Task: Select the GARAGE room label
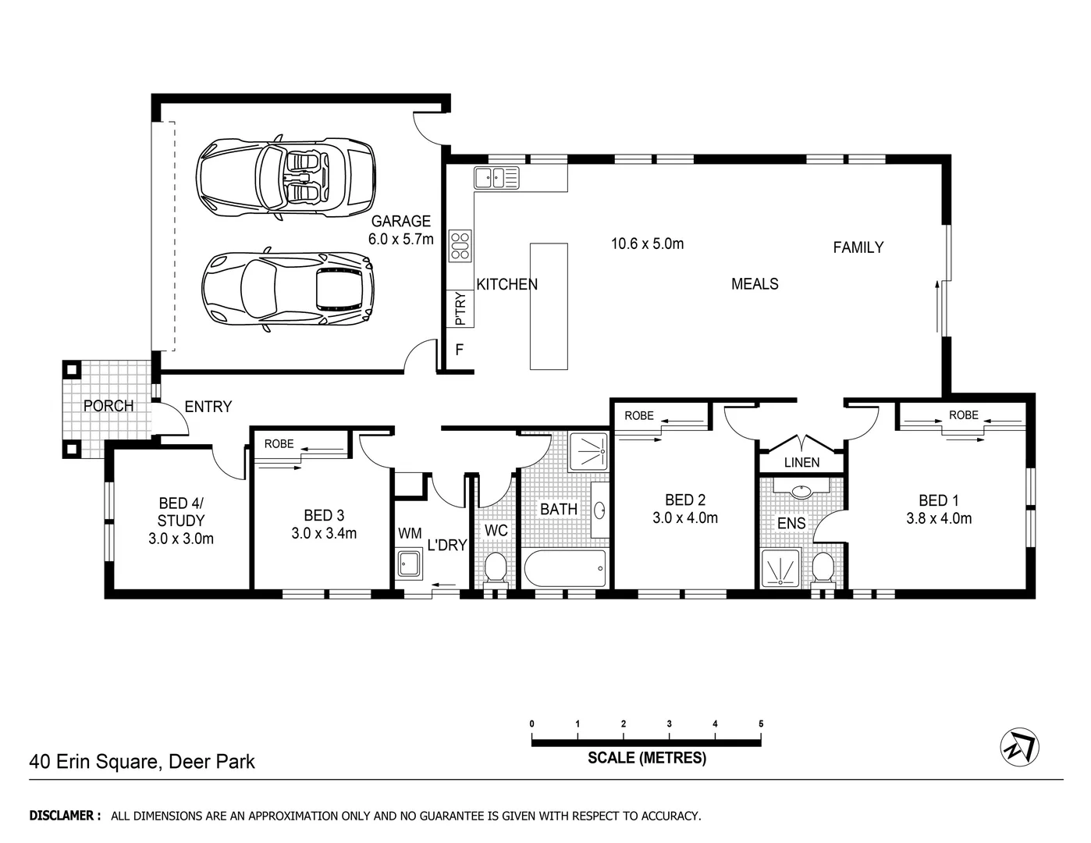click(400, 221)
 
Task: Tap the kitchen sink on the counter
click(496, 178)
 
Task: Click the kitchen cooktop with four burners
click(460, 246)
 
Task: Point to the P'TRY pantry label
click(460, 308)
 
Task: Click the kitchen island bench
click(549, 305)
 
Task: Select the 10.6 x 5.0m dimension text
click(647, 244)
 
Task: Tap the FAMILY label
click(858, 247)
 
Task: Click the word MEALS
click(755, 284)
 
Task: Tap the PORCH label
click(108, 406)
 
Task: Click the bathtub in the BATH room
click(564, 569)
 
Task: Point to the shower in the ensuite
click(780, 567)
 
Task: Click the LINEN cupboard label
click(801, 463)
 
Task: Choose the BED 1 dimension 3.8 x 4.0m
click(939, 518)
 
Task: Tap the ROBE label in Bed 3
click(279, 443)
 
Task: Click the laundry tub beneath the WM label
click(409, 564)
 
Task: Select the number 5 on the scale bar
click(761, 724)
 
